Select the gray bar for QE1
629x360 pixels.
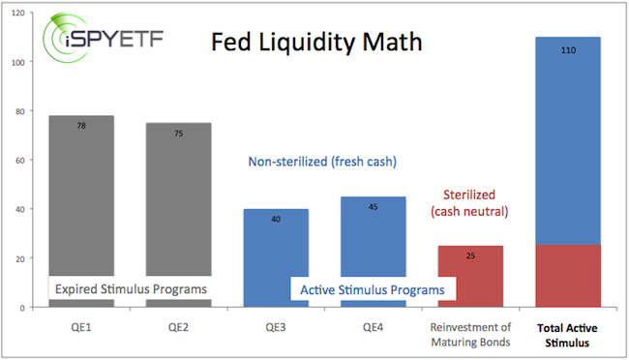81,194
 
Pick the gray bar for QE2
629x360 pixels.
177,194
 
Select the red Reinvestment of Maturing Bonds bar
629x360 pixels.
470,276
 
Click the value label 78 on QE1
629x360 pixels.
81,125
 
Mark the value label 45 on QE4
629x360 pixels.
373,206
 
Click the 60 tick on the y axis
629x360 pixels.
23,161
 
